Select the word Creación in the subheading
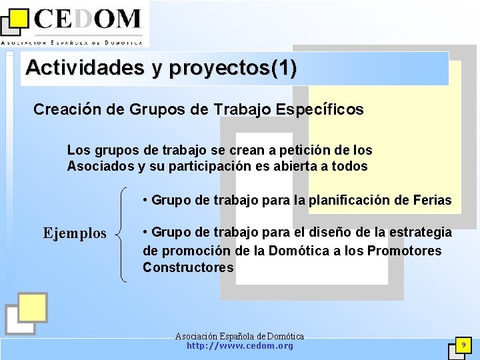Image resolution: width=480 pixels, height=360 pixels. (67, 109)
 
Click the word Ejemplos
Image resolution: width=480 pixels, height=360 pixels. (75, 233)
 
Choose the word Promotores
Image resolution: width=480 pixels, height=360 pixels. (404, 251)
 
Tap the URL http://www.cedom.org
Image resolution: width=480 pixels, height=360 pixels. (239, 346)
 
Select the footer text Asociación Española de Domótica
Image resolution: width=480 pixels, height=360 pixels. (239, 336)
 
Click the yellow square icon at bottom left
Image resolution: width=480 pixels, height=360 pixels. (32, 307)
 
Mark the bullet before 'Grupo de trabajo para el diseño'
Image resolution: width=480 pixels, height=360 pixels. (146, 233)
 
